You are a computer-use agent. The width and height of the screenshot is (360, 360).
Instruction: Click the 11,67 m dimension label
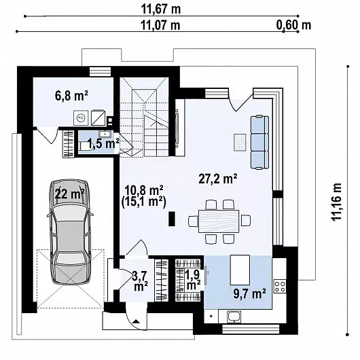coord(161,10)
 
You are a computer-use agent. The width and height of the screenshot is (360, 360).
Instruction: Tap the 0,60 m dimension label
coord(293,24)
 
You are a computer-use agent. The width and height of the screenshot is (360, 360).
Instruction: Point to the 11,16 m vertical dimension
coord(336,202)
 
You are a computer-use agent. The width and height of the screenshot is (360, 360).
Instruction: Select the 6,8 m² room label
coord(71,96)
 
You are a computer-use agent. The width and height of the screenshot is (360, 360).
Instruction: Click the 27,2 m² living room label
coord(217,179)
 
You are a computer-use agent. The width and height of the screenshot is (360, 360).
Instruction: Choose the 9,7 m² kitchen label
coord(249,293)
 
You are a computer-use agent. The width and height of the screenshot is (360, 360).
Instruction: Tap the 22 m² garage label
coord(69,194)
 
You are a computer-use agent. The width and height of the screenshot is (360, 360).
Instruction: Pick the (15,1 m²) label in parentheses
coord(144,202)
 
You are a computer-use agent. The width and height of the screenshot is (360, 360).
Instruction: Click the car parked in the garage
coord(70,232)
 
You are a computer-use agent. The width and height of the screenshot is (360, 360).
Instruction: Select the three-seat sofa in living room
coord(259,143)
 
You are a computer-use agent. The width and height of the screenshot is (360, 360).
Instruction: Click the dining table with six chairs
coord(219,221)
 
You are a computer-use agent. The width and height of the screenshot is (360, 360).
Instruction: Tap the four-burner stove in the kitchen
coord(280,286)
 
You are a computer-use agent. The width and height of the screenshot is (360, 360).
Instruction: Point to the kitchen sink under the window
coord(234,317)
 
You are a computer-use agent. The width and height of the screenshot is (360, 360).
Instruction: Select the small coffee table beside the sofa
coord(240,143)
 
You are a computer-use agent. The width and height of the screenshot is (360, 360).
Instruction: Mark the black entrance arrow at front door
coord(136,321)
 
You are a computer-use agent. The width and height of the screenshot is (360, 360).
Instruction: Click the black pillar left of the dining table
coord(172,219)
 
